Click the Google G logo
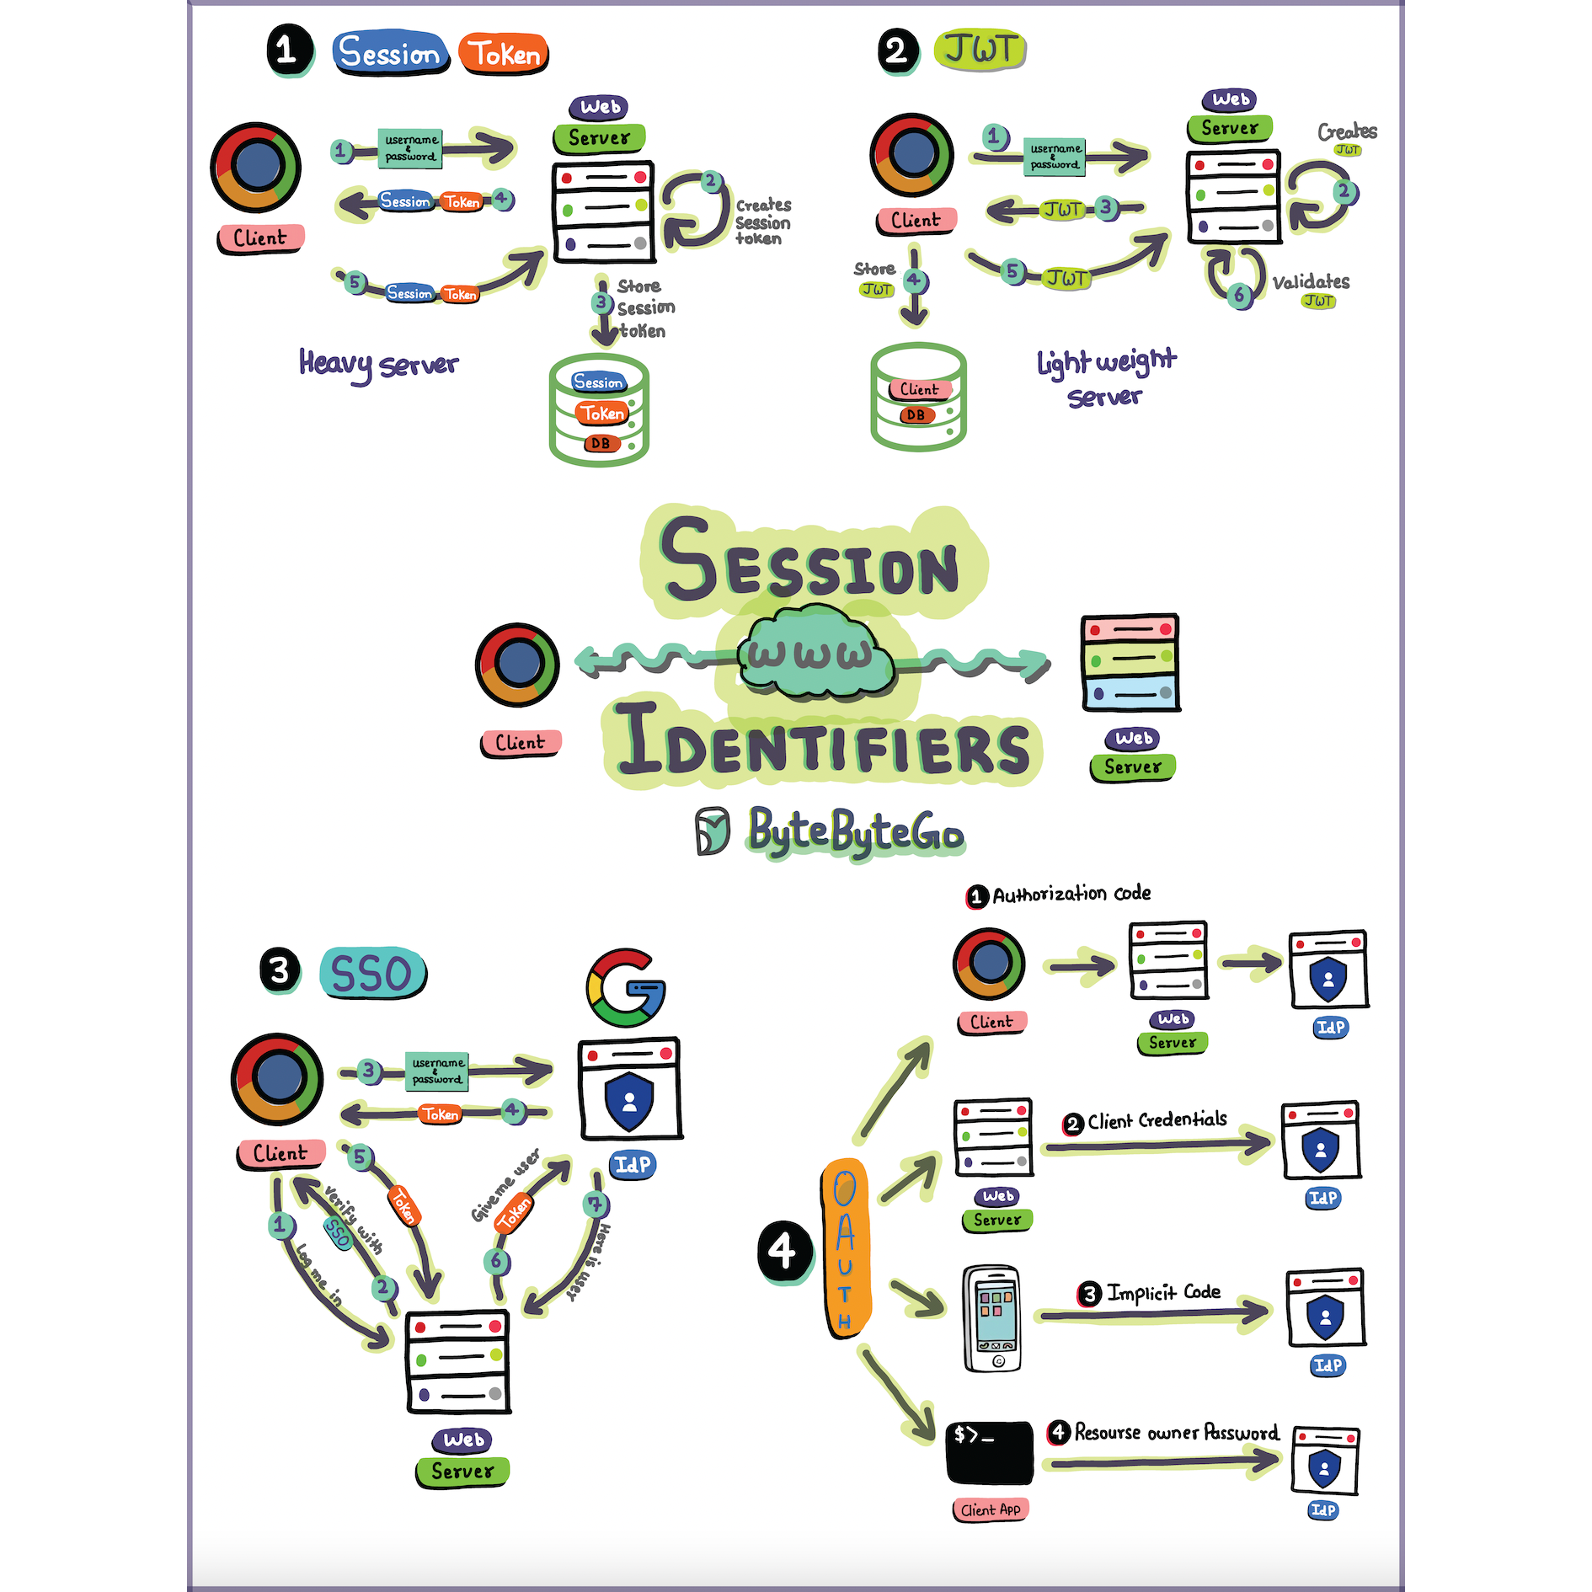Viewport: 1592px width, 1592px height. [x=626, y=988]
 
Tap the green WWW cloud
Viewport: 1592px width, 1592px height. [x=815, y=654]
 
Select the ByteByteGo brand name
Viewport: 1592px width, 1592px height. [x=856, y=832]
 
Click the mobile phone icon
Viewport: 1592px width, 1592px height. [x=992, y=1319]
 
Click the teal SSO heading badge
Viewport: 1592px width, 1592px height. [x=373, y=973]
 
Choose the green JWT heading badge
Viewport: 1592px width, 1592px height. [x=980, y=50]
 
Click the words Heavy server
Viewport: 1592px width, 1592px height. [x=378, y=364]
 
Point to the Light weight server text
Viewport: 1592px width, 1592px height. [x=1106, y=377]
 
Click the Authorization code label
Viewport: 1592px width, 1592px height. [x=1071, y=894]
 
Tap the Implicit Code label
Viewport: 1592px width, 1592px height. [x=1163, y=1292]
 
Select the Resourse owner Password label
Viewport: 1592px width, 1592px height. [x=1177, y=1432]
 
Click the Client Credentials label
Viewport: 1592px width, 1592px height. [x=1157, y=1120]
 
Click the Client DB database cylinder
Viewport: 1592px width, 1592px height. [x=918, y=397]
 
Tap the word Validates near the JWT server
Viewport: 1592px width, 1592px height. [x=1311, y=281]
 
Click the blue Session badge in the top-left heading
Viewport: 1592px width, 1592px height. [x=390, y=53]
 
